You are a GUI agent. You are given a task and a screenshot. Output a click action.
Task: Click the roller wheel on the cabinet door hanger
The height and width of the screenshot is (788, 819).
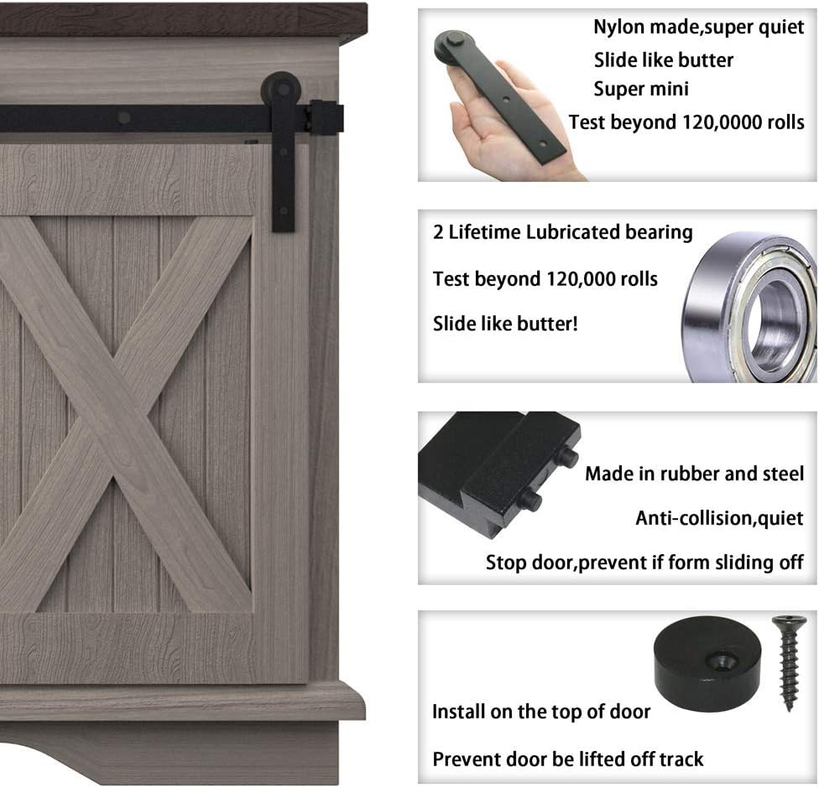[x=281, y=89]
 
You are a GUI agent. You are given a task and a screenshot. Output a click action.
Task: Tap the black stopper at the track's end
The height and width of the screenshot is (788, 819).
[x=326, y=117]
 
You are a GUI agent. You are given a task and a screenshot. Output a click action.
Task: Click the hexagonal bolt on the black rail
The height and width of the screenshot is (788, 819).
[x=123, y=117]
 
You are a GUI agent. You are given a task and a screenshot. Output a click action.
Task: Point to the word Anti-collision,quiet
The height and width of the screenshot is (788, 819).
[x=719, y=518]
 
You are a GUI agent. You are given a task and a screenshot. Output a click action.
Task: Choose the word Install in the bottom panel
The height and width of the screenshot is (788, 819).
[x=459, y=712]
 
